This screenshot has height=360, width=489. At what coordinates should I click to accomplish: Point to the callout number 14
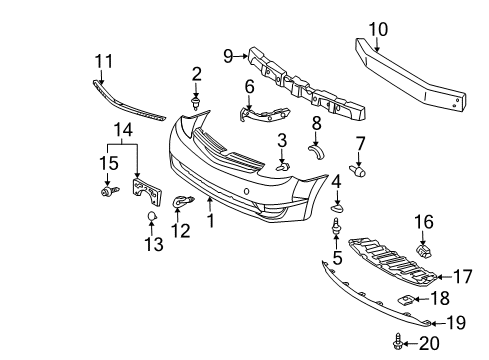(x=122, y=129)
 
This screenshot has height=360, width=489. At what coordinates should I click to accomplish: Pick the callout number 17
(x=462, y=276)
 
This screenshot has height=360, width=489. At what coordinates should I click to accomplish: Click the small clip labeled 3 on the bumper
(x=283, y=165)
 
